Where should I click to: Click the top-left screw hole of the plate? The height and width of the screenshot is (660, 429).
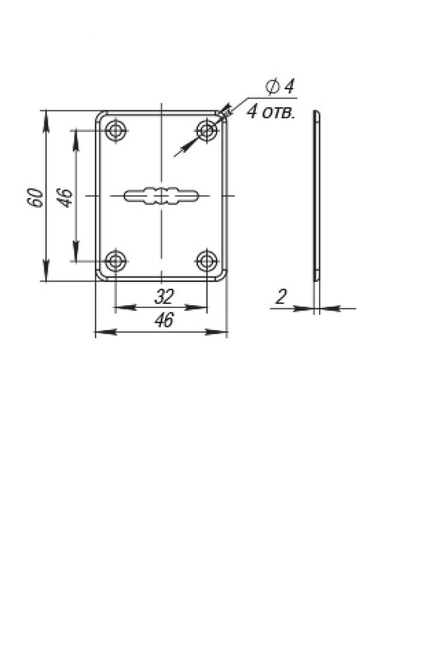pyautogui.click(x=115, y=130)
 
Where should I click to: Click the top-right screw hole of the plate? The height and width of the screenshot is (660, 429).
pyautogui.click(x=207, y=130)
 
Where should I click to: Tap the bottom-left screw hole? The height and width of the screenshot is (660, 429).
pyautogui.click(x=115, y=261)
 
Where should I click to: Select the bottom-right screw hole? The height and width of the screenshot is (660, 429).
pyautogui.click(x=207, y=261)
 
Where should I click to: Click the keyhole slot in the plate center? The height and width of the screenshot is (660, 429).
pyautogui.click(x=161, y=196)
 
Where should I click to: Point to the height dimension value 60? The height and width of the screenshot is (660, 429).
pyautogui.click(x=36, y=197)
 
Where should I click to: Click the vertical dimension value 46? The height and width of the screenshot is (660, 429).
pyautogui.click(x=65, y=198)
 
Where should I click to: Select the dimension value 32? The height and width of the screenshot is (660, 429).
pyautogui.click(x=164, y=297)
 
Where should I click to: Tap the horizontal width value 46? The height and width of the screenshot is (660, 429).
pyautogui.click(x=164, y=320)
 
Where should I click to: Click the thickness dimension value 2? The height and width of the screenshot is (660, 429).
pyautogui.click(x=280, y=297)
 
